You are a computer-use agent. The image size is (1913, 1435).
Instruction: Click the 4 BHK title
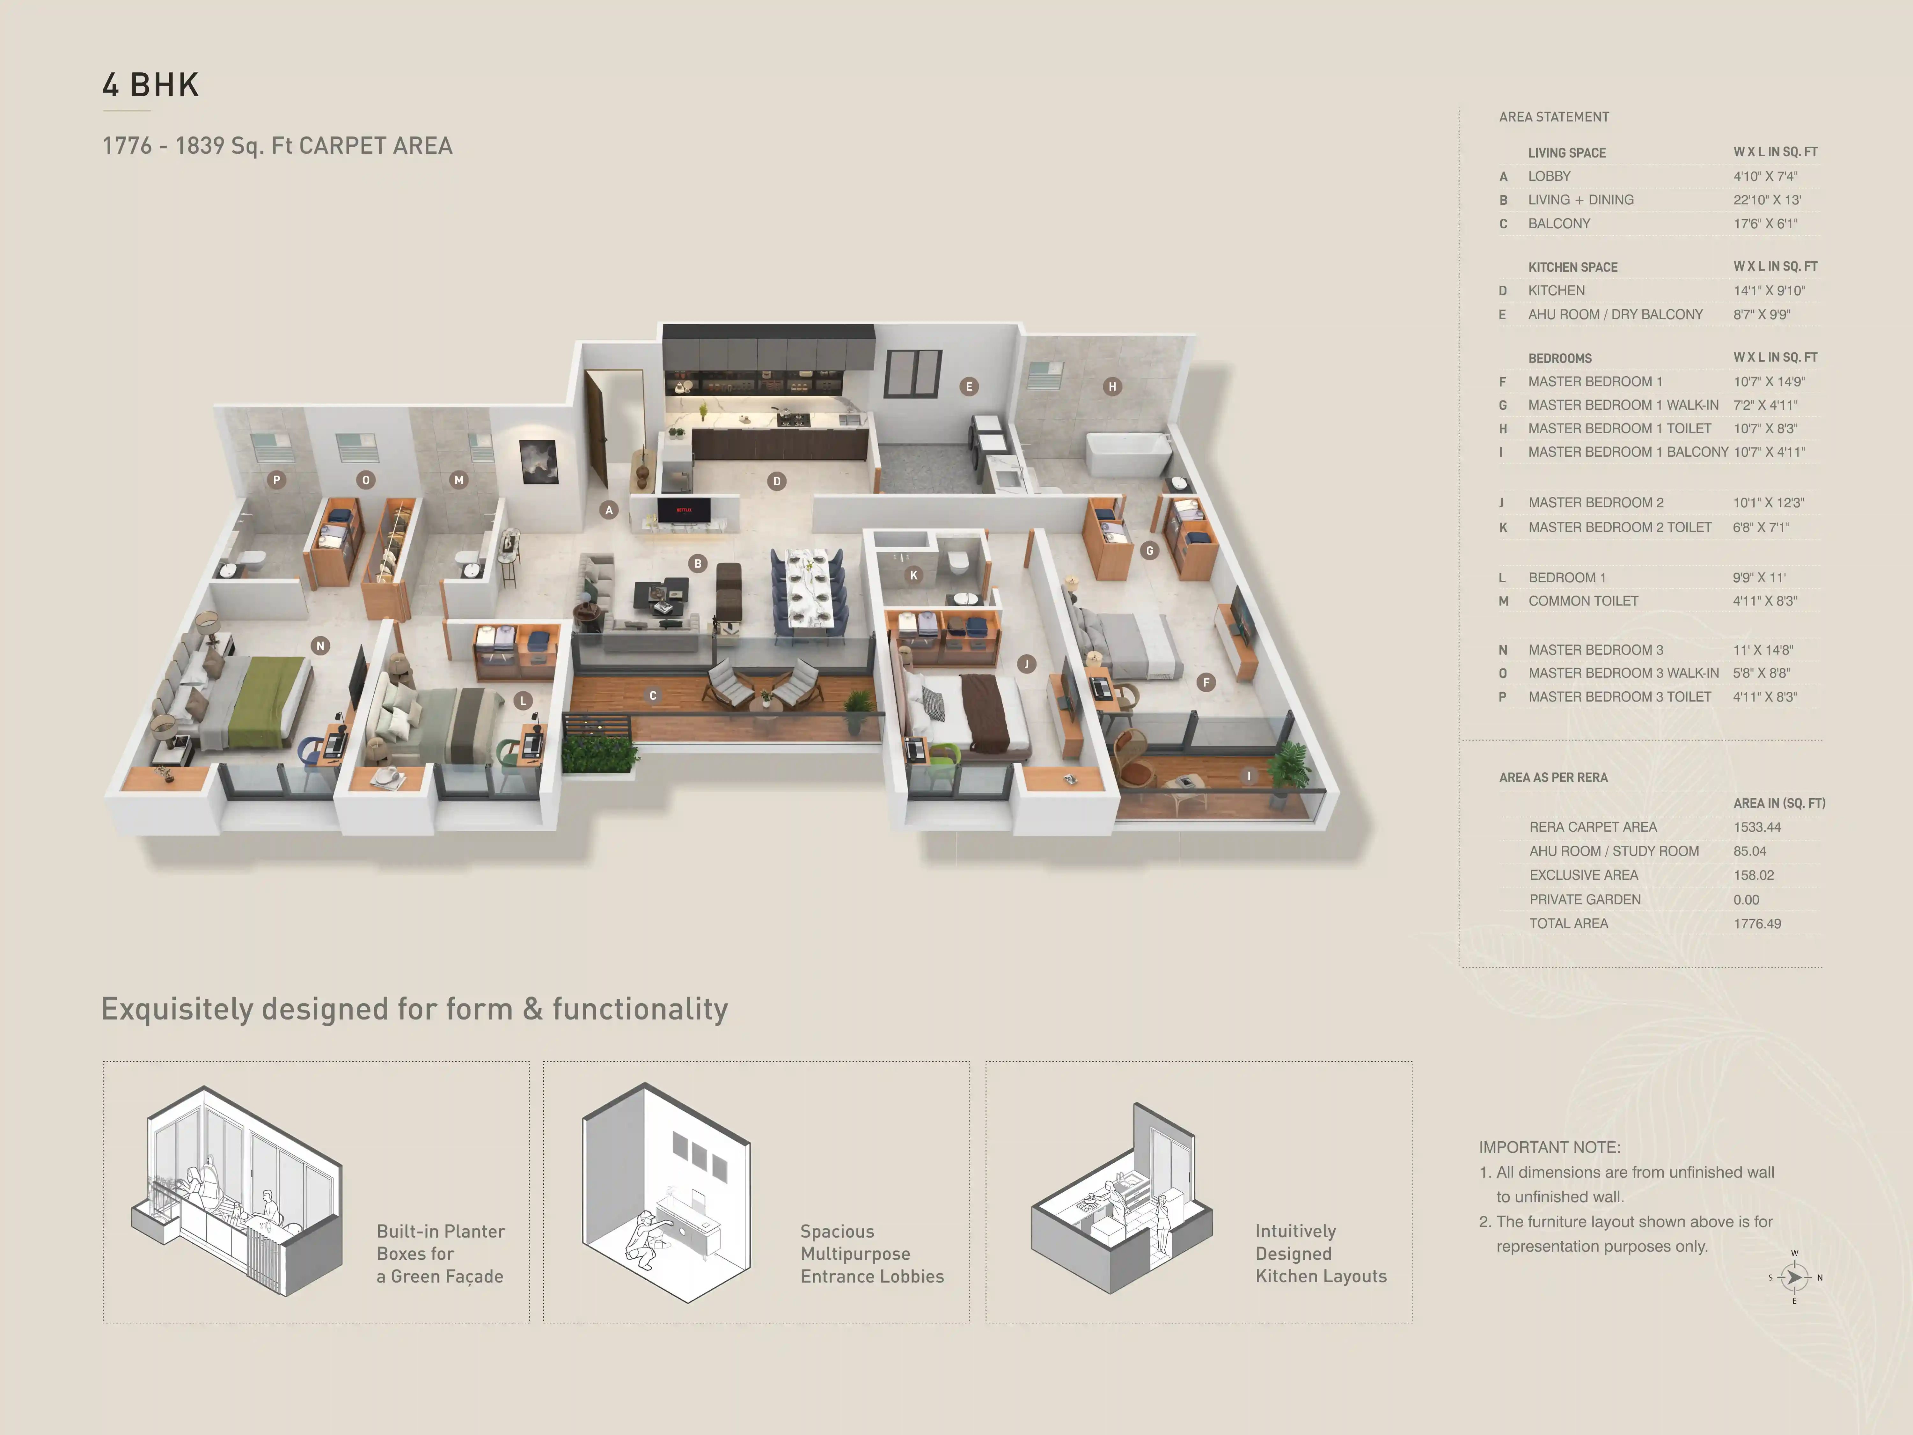pyautogui.click(x=151, y=85)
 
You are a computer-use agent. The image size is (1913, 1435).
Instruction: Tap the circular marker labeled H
pyautogui.click(x=1112, y=386)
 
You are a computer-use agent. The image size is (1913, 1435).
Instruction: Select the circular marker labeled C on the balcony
pyautogui.click(x=653, y=695)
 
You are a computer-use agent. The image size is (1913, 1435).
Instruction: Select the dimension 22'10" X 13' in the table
pyautogui.click(x=1767, y=200)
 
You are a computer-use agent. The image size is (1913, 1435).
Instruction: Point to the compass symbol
pyautogui.click(x=1794, y=1277)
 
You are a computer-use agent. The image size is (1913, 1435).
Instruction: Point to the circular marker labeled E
pyautogui.click(x=969, y=386)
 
